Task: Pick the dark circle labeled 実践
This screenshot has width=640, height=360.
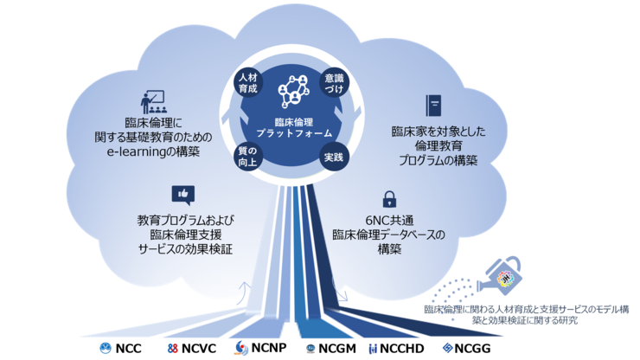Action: [x=333, y=157]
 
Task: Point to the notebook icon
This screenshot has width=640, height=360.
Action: [x=432, y=106]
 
